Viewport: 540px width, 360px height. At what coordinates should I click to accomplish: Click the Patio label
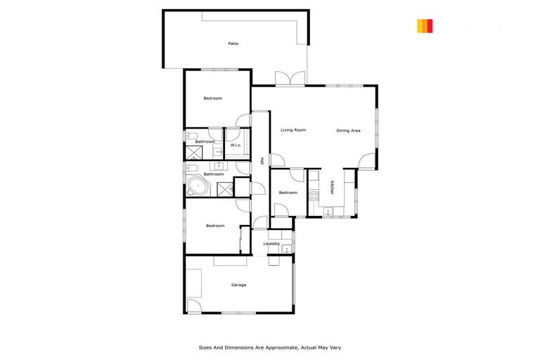pos(233,44)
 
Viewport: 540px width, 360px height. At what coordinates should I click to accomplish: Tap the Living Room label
pos(293,130)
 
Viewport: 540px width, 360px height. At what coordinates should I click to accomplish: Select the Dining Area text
pos(348,130)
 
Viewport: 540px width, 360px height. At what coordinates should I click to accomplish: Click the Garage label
pos(239,285)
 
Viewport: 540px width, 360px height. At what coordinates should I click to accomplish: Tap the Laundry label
pos(271,244)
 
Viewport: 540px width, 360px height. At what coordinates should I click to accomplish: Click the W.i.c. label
pos(236,146)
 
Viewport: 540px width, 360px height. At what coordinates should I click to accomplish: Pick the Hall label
pos(261,161)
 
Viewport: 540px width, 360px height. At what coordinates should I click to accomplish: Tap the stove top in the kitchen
pos(314,195)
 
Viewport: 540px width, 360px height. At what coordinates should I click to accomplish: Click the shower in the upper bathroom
pos(193,152)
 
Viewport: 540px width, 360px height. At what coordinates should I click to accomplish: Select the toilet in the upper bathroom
pos(191,135)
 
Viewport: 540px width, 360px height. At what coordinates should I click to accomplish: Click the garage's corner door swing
pos(193,307)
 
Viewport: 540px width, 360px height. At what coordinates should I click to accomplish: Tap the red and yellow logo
pos(425,26)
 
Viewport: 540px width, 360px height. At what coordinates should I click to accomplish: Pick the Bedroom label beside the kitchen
pos(288,193)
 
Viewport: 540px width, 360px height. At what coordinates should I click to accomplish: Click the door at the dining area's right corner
pos(367,161)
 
